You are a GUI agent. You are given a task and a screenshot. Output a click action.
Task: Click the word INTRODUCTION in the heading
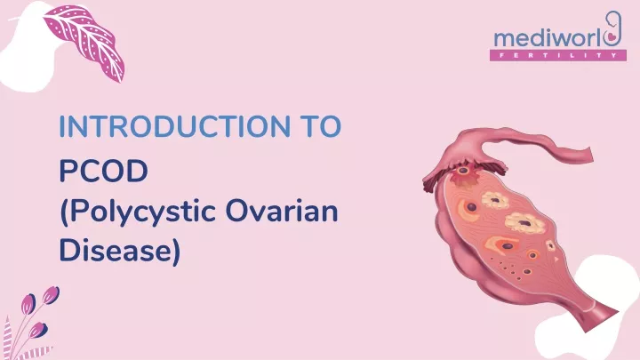click(x=175, y=126)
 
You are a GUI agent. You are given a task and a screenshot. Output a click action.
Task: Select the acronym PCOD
click(x=103, y=171)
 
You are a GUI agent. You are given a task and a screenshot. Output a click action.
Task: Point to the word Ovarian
click(x=282, y=212)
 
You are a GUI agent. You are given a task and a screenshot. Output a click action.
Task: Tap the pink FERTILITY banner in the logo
click(x=558, y=55)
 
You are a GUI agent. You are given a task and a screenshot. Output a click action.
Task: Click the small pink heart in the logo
click(x=612, y=36)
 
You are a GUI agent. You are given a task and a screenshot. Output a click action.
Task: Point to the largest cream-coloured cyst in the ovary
click(x=525, y=223)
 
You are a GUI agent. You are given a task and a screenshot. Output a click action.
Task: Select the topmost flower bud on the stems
click(x=51, y=295)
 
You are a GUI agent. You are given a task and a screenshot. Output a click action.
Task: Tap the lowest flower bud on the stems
click(x=38, y=330)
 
